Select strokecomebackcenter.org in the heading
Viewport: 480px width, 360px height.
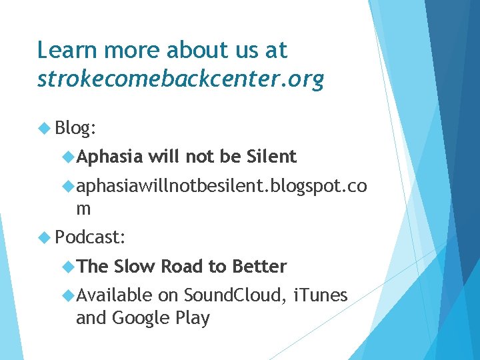point(181,79)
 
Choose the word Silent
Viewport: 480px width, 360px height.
point(271,157)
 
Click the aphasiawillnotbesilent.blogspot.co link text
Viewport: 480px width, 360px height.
point(221,186)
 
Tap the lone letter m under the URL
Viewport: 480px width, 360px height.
point(84,208)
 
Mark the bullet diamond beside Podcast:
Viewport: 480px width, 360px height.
point(45,237)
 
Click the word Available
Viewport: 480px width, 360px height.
point(114,295)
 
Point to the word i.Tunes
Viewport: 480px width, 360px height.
point(320,295)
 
